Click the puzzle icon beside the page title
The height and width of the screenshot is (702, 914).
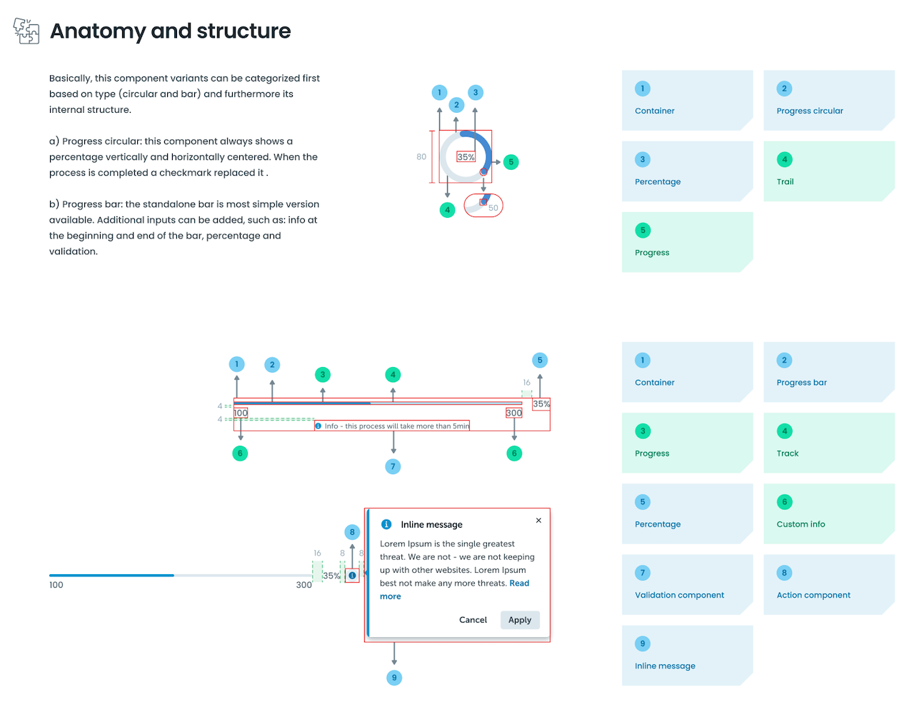pyautogui.click(x=26, y=31)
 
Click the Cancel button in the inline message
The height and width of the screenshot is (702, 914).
pyautogui.click(x=473, y=620)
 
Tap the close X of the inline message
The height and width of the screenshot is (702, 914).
pyautogui.click(x=538, y=521)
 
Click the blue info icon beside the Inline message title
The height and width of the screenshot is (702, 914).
pyautogui.click(x=386, y=524)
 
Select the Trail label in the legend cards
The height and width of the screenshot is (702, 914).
pyautogui.click(x=785, y=181)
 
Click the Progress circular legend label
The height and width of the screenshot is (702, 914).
pyautogui.click(x=809, y=111)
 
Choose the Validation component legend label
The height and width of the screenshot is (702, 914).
pyautogui.click(x=679, y=595)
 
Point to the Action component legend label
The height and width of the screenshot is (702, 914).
pyautogui.click(x=813, y=595)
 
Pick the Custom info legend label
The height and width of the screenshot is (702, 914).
pyautogui.click(x=800, y=524)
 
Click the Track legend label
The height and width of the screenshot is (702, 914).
pyautogui.click(x=788, y=453)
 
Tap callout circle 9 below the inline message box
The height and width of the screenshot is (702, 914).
pyautogui.click(x=394, y=678)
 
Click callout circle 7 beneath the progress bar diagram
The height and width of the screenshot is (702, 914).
pyautogui.click(x=393, y=466)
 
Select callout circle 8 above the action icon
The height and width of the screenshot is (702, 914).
pyautogui.click(x=352, y=532)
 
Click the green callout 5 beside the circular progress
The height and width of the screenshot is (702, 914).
pyautogui.click(x=511, y=162)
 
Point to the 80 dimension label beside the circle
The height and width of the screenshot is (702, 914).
pyautogui.click(x=421, y=157)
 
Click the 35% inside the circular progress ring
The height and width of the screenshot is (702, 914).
pyautogui.click(x=466, y=157)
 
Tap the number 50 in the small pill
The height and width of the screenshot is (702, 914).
pyautogui.click(x=493, y=208)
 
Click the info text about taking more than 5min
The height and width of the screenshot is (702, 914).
pyautogui.click(x=396, y=426)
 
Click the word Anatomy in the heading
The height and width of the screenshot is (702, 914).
pyautogui.click(x=98, y=31)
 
